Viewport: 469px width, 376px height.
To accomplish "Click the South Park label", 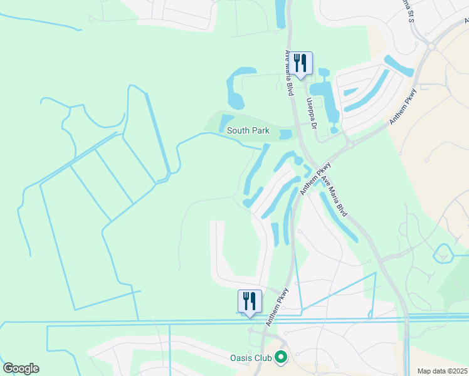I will [x=248, y=130].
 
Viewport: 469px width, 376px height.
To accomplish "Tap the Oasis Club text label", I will [x=250, y=358].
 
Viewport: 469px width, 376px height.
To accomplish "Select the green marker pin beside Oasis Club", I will [x=280, y=358].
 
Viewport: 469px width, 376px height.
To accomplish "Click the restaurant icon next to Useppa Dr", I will [x=302, y=63].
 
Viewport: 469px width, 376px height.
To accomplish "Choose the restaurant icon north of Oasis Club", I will [x=249, y=301].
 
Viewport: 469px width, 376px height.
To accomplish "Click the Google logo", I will [x=21, y=368].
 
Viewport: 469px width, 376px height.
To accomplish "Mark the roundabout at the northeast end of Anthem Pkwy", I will [x=432, y=46].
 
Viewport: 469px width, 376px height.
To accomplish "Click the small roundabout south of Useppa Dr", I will [x=349, y=144].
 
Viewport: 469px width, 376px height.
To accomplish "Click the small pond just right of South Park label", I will [x=285, y=134].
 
